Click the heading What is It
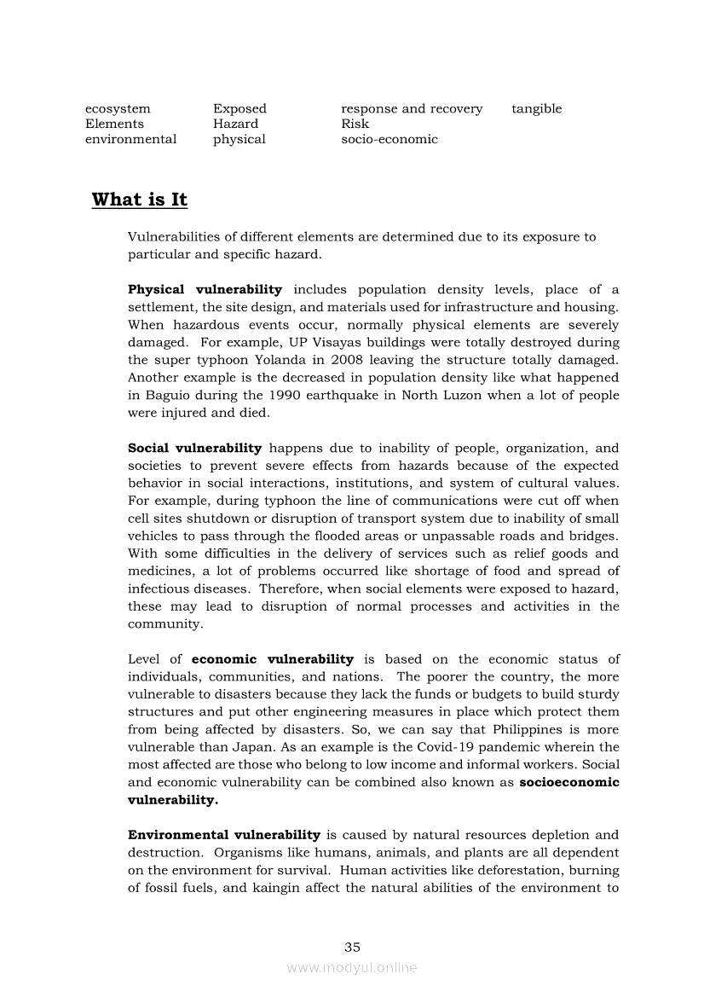[139, 200]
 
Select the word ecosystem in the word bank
[118, 109]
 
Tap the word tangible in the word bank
[536, 109]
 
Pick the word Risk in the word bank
[355, 125]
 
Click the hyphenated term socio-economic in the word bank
[389, 140]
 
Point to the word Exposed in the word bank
[239, 109]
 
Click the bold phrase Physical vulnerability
[205, 290]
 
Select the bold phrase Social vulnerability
[194, 449]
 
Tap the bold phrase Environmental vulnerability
[224, 835]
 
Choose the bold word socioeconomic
[569, 782]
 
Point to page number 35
[352, 948]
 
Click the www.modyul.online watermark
[352, 967]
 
